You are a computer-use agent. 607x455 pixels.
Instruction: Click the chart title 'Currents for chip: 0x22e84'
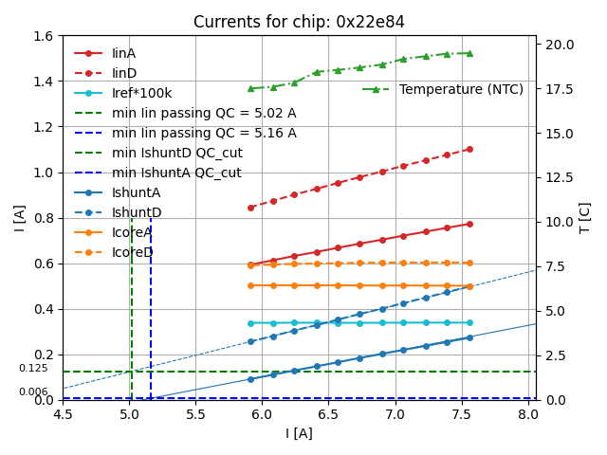[299, 22]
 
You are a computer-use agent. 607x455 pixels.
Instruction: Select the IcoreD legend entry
[132, 252]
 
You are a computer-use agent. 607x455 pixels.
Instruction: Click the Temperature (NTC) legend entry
[461, 89]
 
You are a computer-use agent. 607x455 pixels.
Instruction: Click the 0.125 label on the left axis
[33, 369]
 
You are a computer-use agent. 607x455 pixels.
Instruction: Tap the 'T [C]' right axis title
[585, 218]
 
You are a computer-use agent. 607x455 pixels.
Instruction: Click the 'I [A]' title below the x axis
[299, 433]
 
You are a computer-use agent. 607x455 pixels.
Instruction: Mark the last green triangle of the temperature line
[469, 53]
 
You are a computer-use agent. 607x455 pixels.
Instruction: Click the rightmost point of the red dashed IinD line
[469, 149]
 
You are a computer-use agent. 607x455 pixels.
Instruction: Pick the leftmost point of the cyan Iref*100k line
[250, 322]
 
